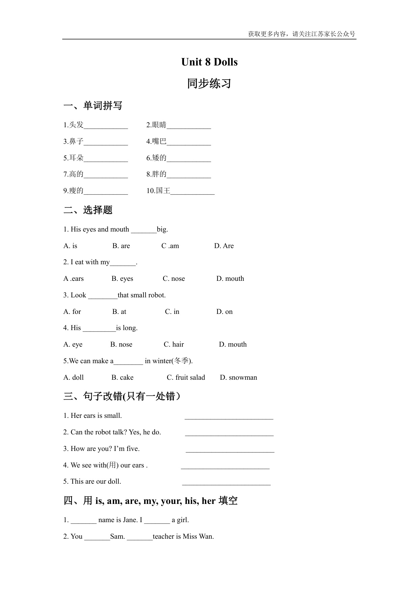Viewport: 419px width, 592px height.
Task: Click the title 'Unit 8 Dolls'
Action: [x=209, y=62]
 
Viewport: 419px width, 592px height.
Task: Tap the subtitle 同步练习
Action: [x=209, y=83]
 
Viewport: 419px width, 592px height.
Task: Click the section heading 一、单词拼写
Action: [x=93, y=106]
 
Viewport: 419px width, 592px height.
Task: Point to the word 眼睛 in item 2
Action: [x=159, y=125]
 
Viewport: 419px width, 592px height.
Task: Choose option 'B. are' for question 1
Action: [x=121, y=246]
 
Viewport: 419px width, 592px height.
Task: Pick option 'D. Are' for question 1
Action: [x=224, y=246]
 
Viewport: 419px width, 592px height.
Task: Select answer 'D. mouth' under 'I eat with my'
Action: [x=230, y=278]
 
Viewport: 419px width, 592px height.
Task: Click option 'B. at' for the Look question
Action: [x=119, y=312]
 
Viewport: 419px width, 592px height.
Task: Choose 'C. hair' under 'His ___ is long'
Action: [x=174, y=344]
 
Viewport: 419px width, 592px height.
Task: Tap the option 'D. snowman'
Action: [x=238, y=377]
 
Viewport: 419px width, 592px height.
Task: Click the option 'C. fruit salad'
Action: [x=186, y=377]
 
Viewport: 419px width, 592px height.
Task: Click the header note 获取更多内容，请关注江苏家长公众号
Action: [x=302, y=34]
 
